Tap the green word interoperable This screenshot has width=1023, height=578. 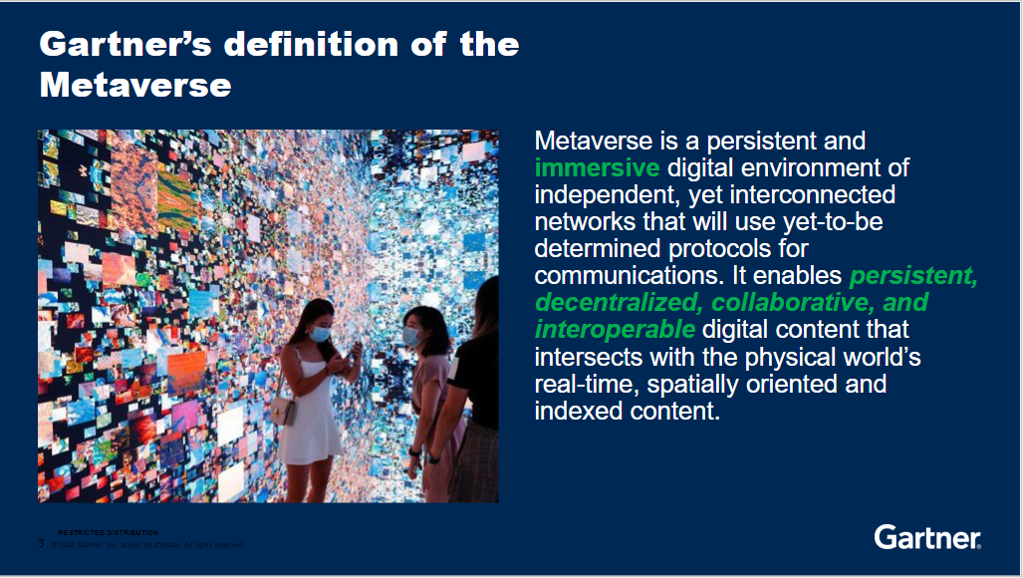tap(615, 329)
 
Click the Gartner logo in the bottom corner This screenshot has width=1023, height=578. tap(926, 537)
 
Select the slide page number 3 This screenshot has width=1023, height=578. tap(41, 543)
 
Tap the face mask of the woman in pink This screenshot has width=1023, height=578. tap(411, 338)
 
